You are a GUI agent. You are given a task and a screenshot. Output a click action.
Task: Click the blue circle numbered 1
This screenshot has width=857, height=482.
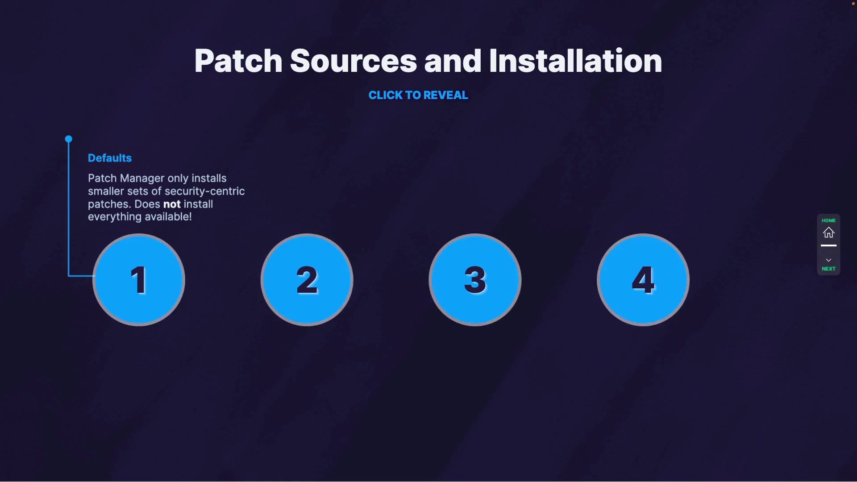coord(139,280)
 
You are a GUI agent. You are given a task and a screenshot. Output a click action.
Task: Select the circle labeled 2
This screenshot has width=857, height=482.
coord(307,280)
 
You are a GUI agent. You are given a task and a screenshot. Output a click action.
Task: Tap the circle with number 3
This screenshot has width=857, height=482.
coord(475,280)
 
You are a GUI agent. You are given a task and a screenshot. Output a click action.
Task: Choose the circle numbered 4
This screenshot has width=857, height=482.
coord(643,280)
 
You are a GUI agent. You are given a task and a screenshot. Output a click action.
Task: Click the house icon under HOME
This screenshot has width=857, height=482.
coord(828,233)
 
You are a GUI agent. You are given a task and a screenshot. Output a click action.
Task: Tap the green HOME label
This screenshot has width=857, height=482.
coord(828,220)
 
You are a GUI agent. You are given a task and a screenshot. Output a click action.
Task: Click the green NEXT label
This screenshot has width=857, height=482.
coord(828,269)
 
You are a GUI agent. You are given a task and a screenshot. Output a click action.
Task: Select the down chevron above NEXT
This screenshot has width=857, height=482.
coord(828,260)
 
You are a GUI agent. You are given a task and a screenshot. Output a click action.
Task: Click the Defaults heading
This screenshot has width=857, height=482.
coord(110,158)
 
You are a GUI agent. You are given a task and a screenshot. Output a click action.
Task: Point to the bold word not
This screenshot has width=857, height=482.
coord(172,204)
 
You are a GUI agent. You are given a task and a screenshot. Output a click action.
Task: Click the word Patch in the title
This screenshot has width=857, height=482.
coord(238,61)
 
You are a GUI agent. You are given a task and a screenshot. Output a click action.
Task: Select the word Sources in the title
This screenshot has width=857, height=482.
coord(353,61)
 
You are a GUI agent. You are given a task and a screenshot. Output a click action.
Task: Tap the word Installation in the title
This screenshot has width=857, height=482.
coord(575,61)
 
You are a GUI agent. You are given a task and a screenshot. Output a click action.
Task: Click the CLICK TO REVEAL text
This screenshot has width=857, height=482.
coord(418,95)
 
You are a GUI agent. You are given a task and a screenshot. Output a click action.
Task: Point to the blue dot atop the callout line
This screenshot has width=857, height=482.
coord(68,139)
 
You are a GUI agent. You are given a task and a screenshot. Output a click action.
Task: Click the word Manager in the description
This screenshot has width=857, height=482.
coord(142,179)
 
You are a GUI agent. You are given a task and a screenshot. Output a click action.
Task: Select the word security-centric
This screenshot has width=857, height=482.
coord(204,191)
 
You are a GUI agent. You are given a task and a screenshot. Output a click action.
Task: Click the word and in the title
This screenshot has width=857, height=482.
coord(453,61)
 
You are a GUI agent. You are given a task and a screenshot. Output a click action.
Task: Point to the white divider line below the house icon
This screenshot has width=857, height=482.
coord(828,245)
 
